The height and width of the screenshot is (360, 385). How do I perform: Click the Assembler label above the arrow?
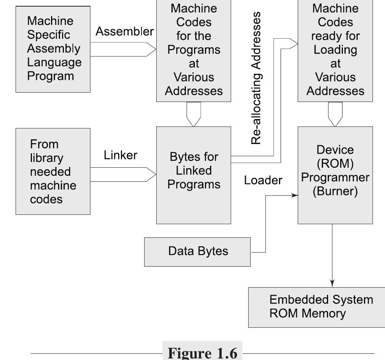click(x=124, y=32)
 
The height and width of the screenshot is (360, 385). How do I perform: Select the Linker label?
click(x=120, y=155)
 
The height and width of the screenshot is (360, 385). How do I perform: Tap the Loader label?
click(x=263, y=180)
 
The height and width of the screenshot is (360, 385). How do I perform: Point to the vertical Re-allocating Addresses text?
click(x=256, y=78)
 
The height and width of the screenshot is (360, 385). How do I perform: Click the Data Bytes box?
click(x=198, y=251)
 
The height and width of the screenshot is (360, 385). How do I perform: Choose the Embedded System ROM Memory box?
click(x=316, y=307)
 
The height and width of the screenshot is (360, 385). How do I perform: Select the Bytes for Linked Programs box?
click(x=193, y=175)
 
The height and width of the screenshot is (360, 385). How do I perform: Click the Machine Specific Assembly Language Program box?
click(x=53, y=49)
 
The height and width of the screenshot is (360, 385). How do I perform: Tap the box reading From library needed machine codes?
click(x=53, y=172)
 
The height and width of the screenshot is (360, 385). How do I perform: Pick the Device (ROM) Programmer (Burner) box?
click(x=335, y=175)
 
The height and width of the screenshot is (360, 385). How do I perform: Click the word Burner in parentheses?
click(x=335, y=192)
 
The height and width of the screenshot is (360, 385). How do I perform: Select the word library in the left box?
click(x=46, y=158)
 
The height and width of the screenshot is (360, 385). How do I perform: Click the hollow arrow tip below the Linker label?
click(x=150, y=174)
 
